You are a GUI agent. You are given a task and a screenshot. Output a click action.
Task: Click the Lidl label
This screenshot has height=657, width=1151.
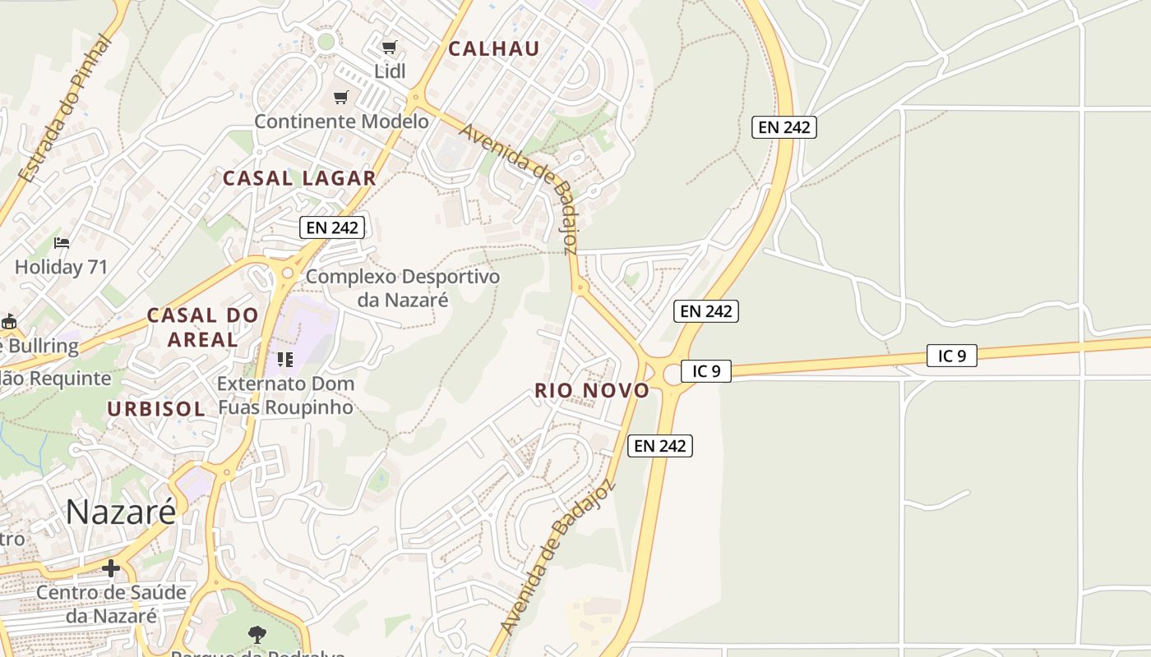[391, 71]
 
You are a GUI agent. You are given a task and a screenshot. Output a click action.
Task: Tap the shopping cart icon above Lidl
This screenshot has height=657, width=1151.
[390, 48]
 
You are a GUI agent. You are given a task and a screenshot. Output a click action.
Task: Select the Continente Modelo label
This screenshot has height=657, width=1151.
[341, 122]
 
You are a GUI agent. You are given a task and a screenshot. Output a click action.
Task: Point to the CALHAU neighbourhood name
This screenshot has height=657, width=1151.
[494, 48]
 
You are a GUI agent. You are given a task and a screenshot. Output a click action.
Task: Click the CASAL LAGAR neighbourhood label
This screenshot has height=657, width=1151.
[299, 178]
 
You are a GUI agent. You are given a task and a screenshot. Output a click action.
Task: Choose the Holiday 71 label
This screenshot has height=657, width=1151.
[62, 267]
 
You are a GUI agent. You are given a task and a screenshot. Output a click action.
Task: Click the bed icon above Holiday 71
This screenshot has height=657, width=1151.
[62, 243]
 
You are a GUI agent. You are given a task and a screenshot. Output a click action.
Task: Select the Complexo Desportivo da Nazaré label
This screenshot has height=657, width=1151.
[403, 288]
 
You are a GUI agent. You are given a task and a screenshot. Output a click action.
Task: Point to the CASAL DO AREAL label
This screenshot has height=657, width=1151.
[203, 327]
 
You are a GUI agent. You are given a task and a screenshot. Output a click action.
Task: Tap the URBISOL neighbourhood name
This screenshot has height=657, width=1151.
[156, 409]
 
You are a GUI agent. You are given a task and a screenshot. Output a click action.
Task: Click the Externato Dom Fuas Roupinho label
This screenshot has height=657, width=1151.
[285, 395]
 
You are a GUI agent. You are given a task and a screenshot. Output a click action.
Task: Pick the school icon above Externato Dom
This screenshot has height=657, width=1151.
[285, 360]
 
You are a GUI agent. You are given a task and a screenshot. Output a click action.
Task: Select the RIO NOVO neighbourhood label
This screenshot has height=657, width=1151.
[592, 391]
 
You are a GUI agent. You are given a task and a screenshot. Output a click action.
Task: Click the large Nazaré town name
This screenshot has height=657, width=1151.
[121, 512]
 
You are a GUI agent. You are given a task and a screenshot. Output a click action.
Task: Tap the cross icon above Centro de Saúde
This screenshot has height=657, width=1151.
[111, 567]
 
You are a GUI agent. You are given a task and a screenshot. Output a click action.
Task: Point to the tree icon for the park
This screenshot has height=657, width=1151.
[257, 634]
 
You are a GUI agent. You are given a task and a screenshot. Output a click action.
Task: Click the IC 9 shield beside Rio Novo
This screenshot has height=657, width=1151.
[705, 371]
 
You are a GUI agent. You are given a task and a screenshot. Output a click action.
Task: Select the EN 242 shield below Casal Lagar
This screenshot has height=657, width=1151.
[331, 227]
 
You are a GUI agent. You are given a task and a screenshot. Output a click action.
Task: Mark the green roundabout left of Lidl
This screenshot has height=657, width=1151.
[326, 41]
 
